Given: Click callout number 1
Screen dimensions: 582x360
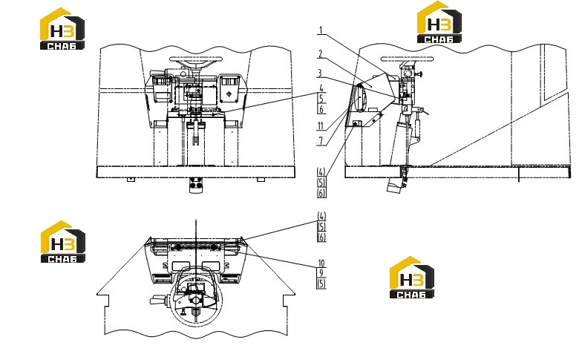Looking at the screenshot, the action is pyautogui.click(x=321, y=30).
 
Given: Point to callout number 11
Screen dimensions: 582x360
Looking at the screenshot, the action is pyautogui.click(x=321, y=126).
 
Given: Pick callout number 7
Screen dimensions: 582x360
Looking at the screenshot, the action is pyautogui.click(x=321, y=141).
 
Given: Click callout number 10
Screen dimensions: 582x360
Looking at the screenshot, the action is pyautogui.click(x=321, y=263).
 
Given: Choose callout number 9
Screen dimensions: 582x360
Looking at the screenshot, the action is pyautogui.click(x=321, y=273).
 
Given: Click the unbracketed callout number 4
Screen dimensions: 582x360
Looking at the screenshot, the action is pyautogui.click(x=321, y=88).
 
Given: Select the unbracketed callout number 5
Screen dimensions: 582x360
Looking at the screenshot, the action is pyautogui.click(x=321, y=99).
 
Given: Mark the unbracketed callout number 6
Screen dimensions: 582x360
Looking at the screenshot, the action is pyautogui.click(x=321, y=109).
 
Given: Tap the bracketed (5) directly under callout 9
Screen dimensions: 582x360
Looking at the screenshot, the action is pyautogui.click(x=321, y=284).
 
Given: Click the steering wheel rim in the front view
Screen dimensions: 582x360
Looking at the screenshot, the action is pyautogui.click(x=196, y=59).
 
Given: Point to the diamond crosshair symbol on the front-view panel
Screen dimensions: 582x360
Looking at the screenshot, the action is pyautogui.click(x=229, y=94).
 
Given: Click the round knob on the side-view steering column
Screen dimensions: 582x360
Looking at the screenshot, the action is pyautogui.click(x=420, y=74).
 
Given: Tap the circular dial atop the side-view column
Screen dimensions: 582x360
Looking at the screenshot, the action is pyautogui.click(x=407, y=72).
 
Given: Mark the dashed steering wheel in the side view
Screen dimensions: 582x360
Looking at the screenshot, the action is pyautogui.click(x=407, y=59).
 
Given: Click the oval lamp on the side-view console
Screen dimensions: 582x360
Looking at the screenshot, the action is pyautogui.click(x=361, y=97).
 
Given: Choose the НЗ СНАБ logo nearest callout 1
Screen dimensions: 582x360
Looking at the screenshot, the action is pyautogui.click(x=439, y=22).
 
